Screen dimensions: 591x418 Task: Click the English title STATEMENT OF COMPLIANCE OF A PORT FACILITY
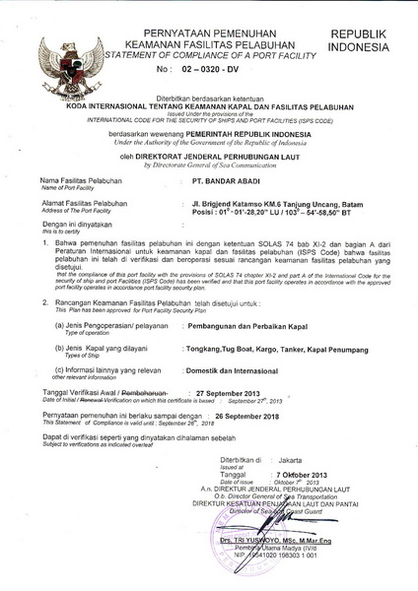209,56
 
